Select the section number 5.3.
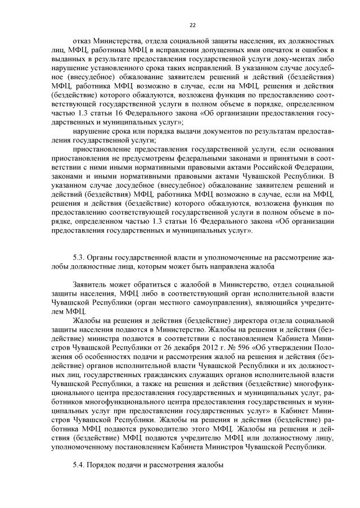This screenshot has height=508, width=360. (x=80, y=257)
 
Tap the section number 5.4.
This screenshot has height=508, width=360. (x=80, y=465)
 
